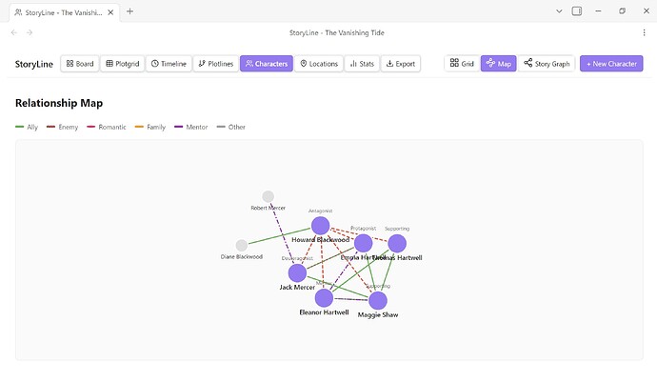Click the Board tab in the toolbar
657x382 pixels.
pyautogui.click(x=80, y=64)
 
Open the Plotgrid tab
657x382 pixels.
pyautogui.click(x=122, y=64)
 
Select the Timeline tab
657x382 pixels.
pyautogui.click(x=169, y=64)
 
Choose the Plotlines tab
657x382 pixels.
pyautogui.click(x=215, y=64)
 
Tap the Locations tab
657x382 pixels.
pyautogui.click(x=318, y=64)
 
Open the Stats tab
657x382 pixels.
pyautogui.click(x=360, y=64)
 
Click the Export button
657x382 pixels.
pyautogui.click(x=400, y=64)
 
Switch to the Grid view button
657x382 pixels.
pyautogui.click(x=462, y=64)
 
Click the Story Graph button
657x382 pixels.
pyautogui.click(x=547, y=64)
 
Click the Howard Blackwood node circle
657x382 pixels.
pyautogui.click(x=321, y=226)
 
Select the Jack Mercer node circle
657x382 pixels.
pyautogui.click(x=298, y=273)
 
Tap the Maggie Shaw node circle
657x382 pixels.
pyautogui.click(x=378, y=301)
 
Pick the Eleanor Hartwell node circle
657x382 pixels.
pyautogui.click(x=324, y=298)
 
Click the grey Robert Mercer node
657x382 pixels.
pyautogui.click(x=269, y=197)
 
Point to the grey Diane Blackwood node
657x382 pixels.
pyautogui.click(x=242, y=246)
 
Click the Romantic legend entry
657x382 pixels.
pyautogui.click(x=107, y=127)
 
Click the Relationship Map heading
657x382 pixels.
pyautogui.click(x=59, y=103)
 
